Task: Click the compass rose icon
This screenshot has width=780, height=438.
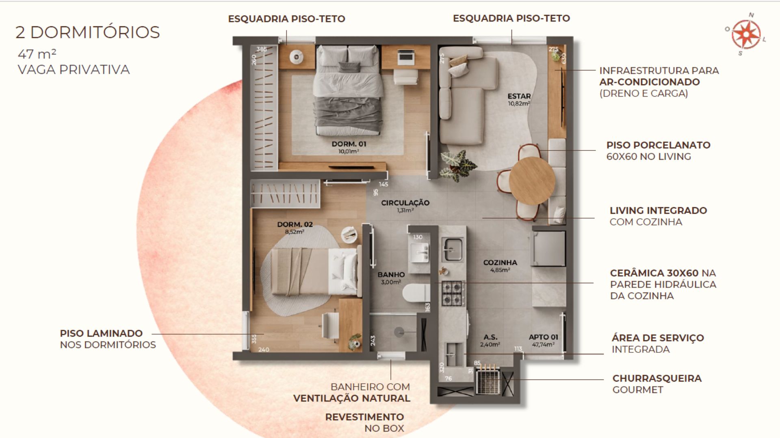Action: [746, 34]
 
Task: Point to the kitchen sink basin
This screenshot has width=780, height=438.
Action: [452, 249]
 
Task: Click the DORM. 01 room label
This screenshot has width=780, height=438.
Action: [349, 144]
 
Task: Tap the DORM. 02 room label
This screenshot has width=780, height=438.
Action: [295, 224]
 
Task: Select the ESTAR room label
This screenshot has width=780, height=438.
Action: [519, 96]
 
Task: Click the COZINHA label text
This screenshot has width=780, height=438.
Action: [500, 263]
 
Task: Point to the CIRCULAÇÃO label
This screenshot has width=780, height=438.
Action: [405, 203]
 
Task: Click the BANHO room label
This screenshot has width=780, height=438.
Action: [391, 275]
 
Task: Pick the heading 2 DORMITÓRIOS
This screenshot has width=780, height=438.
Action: [88, 32]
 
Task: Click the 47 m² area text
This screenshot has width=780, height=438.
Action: [37, 54]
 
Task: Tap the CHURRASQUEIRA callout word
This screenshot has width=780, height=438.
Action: [657, 378]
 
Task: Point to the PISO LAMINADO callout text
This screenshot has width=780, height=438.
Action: [101, 333]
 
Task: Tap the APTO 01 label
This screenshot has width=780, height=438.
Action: [543, 337]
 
